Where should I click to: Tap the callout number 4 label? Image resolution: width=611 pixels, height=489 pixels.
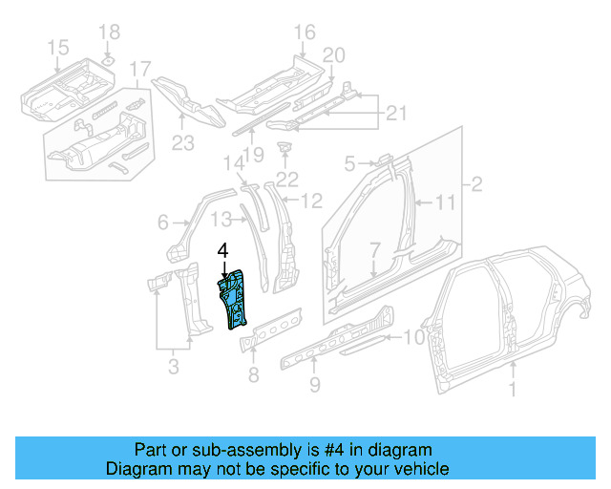pyautogui.click(x=222, y=251)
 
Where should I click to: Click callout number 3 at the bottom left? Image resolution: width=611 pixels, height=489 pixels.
pyautogui.click(x=174, y=364)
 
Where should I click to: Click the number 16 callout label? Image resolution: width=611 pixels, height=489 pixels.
pyautogui.click(x=304, y=34)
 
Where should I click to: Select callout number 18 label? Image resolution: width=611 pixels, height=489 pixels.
pyautogui.click(x=110, y=32)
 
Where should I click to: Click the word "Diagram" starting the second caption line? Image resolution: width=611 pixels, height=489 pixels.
pyautogui.click(x=134, y=469)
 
